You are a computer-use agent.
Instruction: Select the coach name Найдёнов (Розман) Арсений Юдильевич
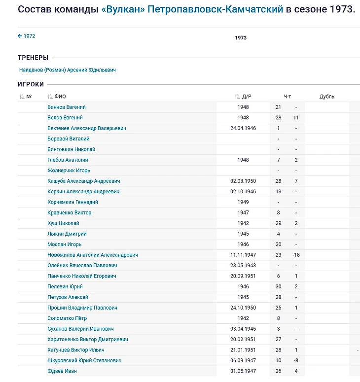[68, 70]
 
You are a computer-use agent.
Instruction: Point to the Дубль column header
[326, 97]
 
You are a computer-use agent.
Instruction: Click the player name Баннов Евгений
[67, 107]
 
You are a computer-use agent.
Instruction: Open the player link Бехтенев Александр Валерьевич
[87, 128]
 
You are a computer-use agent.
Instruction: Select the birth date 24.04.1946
[243, 128]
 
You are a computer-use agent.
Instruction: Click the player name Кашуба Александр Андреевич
[84, 181]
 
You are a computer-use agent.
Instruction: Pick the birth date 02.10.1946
[243, 192]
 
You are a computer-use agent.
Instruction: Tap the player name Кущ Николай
[63, 223]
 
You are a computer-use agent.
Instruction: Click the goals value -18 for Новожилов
[296, 255]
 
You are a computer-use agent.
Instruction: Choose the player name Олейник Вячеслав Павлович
[82, 266]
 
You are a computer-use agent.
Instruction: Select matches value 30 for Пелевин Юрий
[278, 286]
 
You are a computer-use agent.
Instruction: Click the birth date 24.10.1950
[243, 308]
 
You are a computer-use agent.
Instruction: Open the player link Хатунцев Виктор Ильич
[76, 350]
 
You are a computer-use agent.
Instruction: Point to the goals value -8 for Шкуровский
[296, 360]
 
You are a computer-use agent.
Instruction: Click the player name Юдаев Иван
[62, 371]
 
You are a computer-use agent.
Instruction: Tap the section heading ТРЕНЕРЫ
[33, 58]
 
